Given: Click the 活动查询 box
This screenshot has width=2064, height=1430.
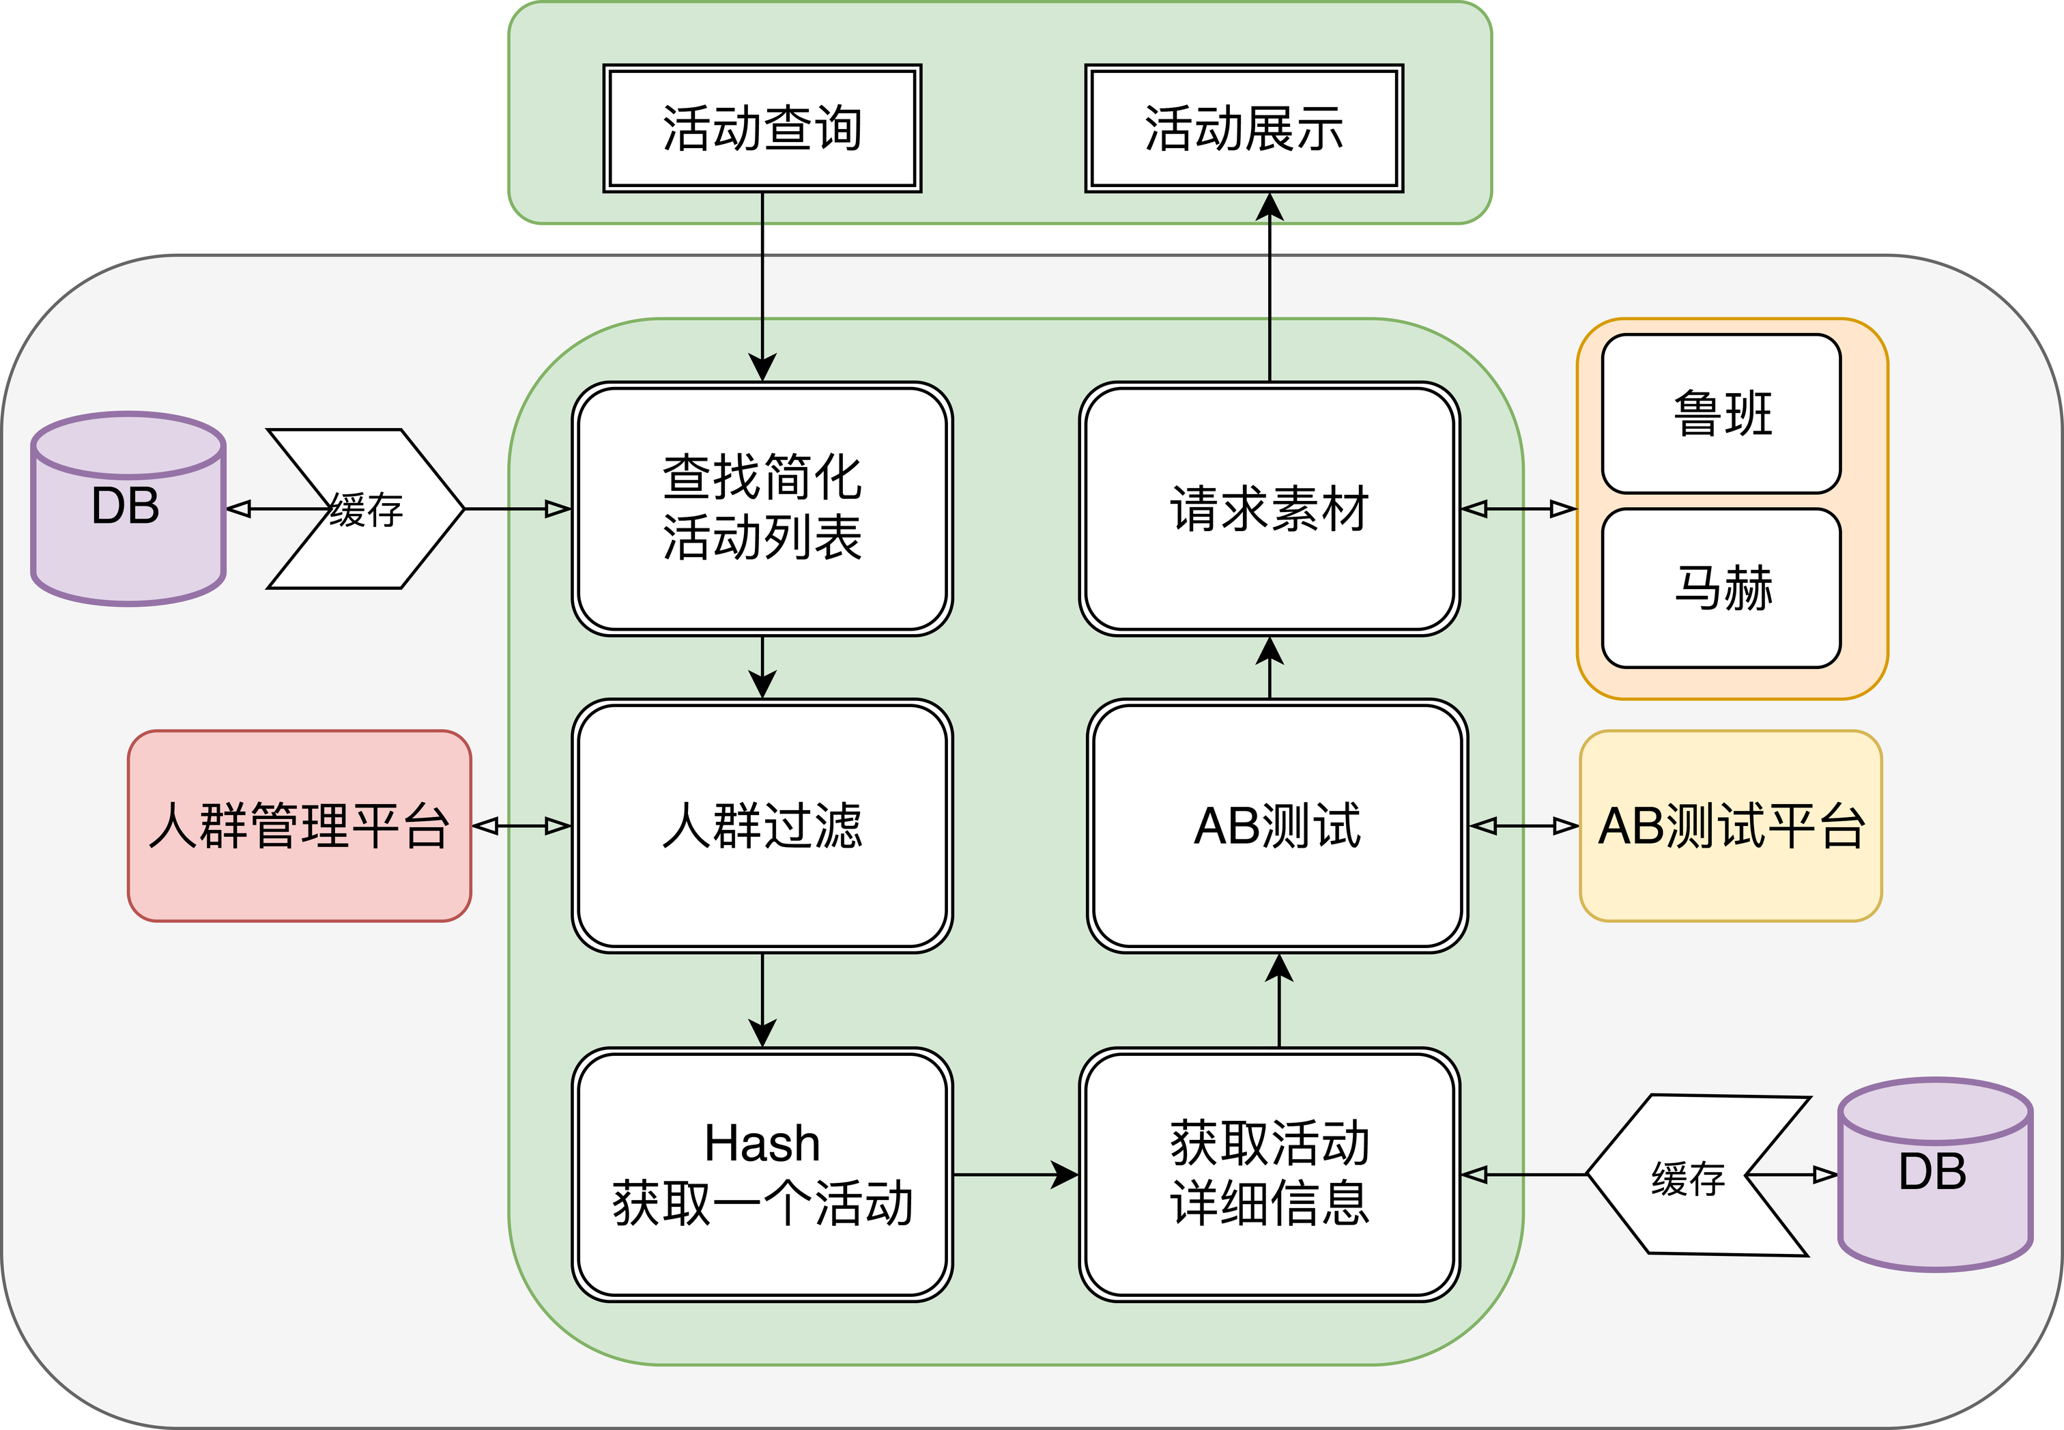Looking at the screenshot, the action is click(762, 128).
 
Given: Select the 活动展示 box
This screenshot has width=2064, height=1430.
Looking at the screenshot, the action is click(1244, 128).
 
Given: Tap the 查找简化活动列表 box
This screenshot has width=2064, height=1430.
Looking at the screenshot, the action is click(762, 509).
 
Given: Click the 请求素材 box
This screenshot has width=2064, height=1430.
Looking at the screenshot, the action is click(1270, 509).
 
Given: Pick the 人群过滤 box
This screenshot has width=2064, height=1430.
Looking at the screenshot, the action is click(762, 825).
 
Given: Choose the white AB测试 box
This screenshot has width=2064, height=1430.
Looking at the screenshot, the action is click(1278, 825).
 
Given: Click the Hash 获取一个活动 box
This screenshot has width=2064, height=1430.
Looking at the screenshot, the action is click(762, 1174).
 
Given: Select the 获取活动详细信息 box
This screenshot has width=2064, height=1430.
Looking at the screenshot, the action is click(1270, 1174).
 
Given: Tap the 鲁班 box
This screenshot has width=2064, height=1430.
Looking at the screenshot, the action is click(1721, 414).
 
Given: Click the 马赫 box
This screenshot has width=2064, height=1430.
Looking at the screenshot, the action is click(1721, 588).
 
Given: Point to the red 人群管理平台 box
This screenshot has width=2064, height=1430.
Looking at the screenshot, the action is click(299, 825).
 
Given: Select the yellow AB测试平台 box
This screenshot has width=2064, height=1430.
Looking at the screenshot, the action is click(1731, 825).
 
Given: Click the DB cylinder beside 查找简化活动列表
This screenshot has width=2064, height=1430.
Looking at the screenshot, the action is click(128, 509).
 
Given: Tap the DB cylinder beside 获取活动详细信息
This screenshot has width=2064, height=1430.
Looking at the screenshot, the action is click(1935, 1174).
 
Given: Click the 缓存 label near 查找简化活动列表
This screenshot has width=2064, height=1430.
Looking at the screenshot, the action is click(366, 510).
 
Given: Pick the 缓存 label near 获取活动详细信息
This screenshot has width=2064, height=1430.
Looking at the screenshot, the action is click(1688, 1178).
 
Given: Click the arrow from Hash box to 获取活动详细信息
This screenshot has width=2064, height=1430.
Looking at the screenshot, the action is click(1016, 1174).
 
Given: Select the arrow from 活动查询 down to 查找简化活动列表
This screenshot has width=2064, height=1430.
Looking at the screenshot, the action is click(762, 287).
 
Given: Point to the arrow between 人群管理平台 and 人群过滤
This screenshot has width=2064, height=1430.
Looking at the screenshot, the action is click(521, 825).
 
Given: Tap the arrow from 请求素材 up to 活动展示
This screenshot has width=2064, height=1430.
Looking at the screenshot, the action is click(1270, 287).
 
